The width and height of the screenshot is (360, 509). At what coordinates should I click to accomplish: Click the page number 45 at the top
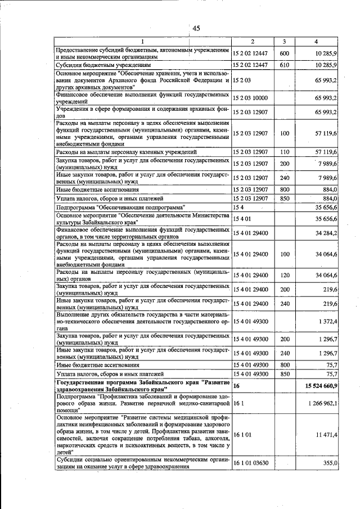[x=196, y=29]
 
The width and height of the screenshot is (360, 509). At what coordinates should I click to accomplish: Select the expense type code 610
[x=284, y=66]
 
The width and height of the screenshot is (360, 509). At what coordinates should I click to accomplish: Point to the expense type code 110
[x=284, y=152]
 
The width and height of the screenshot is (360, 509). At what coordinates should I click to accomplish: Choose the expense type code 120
[x=284, y=274]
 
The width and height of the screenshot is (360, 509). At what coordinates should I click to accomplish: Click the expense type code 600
[x=284, y=53]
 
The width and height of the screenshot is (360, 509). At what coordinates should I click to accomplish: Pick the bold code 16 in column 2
[x=236, y=386]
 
